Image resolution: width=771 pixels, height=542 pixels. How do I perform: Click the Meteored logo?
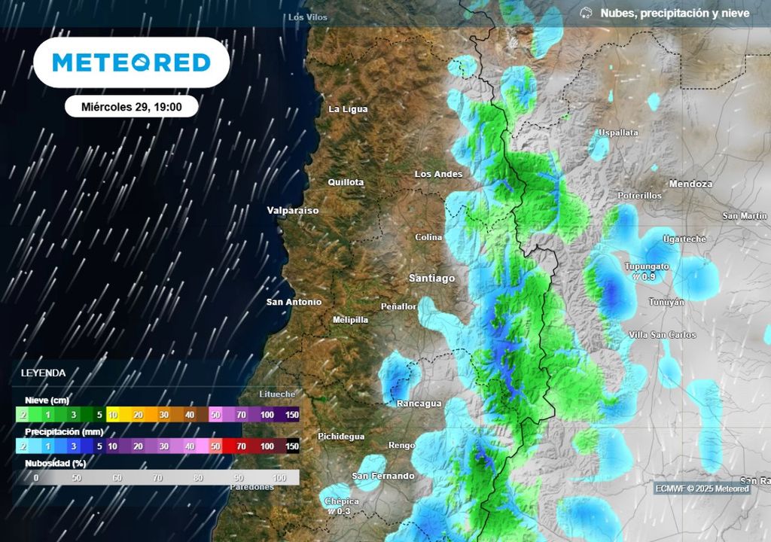(131, 62)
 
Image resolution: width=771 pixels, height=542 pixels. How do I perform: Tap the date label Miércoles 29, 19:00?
(131, 107)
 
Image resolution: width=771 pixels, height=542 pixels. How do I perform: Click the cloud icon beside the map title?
(586, 13)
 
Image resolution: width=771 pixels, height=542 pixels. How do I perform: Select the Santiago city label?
(431, 279)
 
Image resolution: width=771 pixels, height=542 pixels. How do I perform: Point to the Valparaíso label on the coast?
(293, 211)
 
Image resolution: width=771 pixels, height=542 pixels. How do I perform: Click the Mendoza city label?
(690, 184)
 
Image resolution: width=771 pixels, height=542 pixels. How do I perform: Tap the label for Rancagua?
(419, 403)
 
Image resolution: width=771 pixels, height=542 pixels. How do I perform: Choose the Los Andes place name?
(438, 174)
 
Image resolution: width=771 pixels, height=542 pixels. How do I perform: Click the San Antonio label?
(294, 302)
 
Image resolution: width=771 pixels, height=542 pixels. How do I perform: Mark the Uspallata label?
(617, 132)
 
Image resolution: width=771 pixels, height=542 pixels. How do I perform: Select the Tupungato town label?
(647, 266)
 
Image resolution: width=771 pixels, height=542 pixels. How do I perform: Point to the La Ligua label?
(348, 109)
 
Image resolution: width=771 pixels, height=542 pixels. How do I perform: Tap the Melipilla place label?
(350, 320)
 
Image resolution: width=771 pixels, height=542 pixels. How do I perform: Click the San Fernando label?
(383, 476)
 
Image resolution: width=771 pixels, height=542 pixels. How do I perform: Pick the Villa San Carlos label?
(662, 335)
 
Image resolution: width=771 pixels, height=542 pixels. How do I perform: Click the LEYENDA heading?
(43, 373)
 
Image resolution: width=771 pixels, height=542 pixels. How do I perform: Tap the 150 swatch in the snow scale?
(292, 414)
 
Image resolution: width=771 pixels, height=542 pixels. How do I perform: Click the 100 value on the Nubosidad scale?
(279, 478)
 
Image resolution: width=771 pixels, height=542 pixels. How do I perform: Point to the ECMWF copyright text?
(702, 489)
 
